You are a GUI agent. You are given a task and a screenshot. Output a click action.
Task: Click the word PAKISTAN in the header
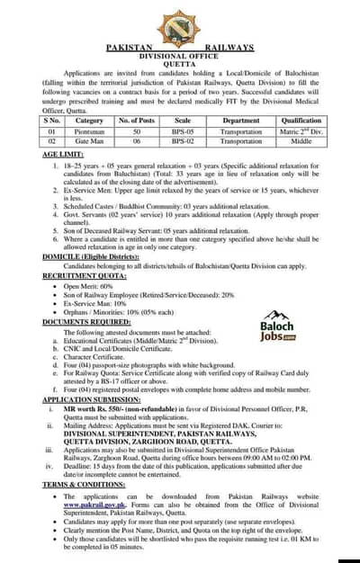pos(130,47)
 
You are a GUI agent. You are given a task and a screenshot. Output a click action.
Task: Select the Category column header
pos(89,120)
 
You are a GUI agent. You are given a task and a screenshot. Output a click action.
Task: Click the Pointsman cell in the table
pos(89,130)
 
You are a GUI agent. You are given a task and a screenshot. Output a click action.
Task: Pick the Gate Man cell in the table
pos(89,141)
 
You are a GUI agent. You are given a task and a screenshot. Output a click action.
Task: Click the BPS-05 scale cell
pos(183,130)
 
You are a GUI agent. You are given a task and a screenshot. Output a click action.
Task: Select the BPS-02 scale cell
pos(183,141)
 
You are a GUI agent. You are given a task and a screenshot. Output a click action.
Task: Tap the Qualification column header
pos(301,120)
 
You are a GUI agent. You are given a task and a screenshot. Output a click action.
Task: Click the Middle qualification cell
pos(301,141)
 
